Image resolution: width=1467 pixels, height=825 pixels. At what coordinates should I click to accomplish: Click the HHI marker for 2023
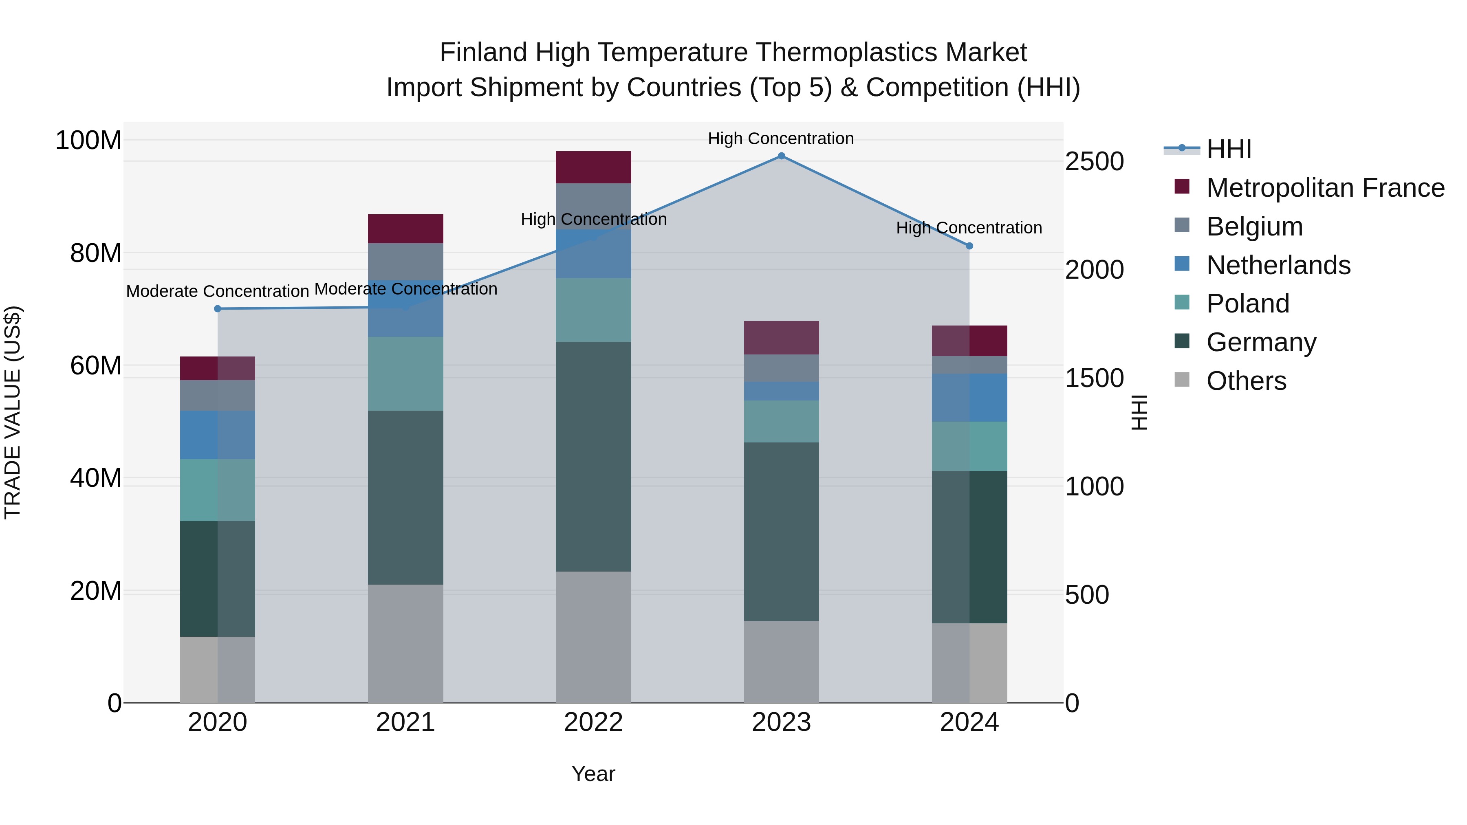coord(781,156)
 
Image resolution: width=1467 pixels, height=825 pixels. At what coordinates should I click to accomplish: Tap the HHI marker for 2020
coord(218,308)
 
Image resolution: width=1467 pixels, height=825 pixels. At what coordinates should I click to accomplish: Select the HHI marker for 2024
coord(969,246)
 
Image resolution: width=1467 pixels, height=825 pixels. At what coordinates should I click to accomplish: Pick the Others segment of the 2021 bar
coord(405,643)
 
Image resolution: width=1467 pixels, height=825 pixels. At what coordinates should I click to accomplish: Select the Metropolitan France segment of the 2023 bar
coord(781,338)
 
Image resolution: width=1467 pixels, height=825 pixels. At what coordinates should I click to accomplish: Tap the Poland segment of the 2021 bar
coord(405,374)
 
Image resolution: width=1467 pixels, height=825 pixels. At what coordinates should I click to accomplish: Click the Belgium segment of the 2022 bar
coord(593,206)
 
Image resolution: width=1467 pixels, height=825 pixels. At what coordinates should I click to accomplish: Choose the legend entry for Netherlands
coord(1278,265)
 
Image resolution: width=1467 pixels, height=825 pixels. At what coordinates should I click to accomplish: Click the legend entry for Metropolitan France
coord(1325,188)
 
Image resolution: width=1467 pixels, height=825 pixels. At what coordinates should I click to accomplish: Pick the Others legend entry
coord(1246,381)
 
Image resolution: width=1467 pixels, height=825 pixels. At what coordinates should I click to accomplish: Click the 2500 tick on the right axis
coord(1094,162)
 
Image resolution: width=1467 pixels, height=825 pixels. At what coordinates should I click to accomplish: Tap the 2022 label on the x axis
coord(593,722)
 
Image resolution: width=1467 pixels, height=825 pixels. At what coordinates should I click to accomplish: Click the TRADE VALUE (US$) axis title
coord(13,412)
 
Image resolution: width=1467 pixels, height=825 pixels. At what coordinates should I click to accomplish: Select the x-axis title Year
coord(593,774)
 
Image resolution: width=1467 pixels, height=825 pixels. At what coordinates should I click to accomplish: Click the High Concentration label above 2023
coord(781,139)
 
